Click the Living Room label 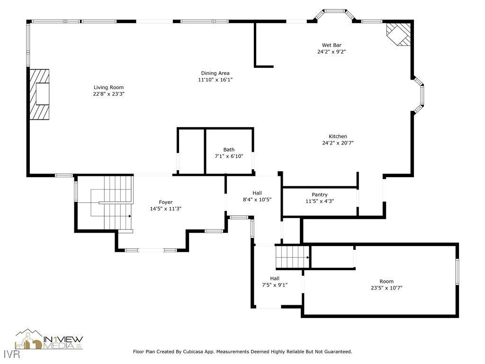point(108,87)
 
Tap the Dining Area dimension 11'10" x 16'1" point(215,80)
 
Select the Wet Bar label point(331,45)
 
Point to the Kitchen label point(338,136)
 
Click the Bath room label point(229,149)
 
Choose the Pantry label point(319,195)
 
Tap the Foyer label point(165,202)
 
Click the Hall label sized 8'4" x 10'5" point(257,193)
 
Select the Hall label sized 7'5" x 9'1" point(274,278)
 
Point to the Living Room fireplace point(40,94)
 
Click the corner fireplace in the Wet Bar point(398,34)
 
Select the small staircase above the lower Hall point(292,257)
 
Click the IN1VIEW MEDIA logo point(49,339)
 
